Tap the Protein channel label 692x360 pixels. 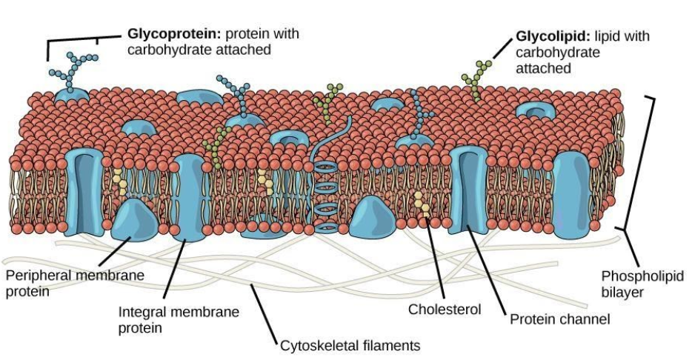point(559,320)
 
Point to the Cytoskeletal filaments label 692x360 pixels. point(350,346)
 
